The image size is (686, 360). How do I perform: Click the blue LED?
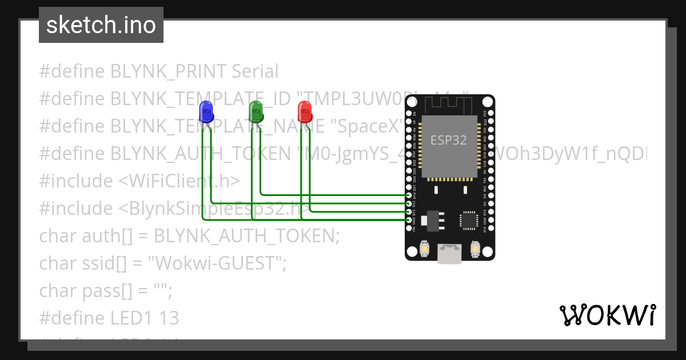coord(206,111)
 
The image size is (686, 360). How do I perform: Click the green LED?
coord(256,111)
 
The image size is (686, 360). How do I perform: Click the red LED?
coord(305,111)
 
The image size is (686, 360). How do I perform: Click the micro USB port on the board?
coord(449,254)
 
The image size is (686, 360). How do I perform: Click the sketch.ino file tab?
coord(101,25)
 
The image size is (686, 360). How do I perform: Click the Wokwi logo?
coord(607,315)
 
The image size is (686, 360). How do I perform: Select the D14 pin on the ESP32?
coord(408,195)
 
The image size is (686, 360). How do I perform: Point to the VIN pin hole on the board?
coord(408,229)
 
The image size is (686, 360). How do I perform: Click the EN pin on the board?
coord(408,113)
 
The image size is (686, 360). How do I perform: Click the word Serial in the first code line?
coord(255,71)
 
